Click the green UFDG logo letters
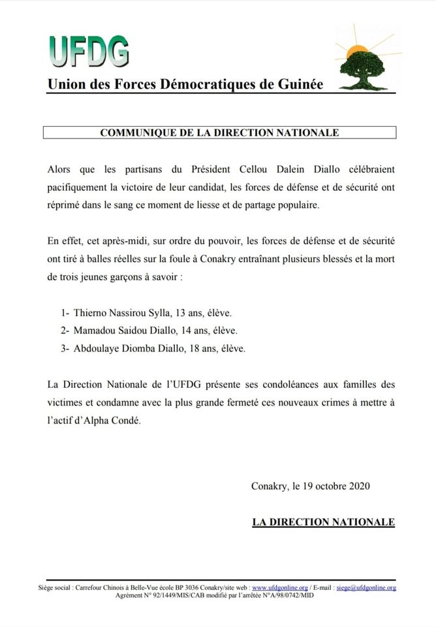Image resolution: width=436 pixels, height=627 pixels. [x=88, y=52]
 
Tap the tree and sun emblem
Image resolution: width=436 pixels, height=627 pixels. [x=364, y=61]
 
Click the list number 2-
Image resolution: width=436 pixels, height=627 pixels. [x=65, y=331]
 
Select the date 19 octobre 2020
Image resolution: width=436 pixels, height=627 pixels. [x=335, y=486]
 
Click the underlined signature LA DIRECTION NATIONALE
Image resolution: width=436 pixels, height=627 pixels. [x=323, y=522]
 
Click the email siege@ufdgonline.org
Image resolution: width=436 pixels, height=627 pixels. [x=366, y=588]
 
